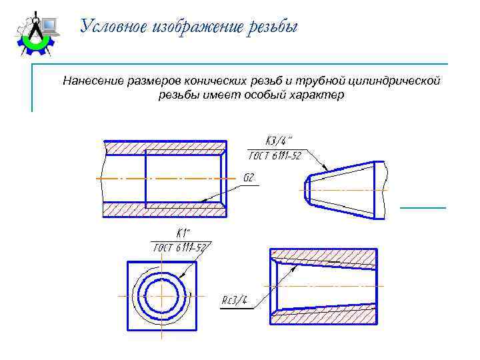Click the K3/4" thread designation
pyautogui.click(x=279, y=141)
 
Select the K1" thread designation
pyautogui.click(x=182, y=233)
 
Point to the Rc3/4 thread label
pyautogui.click(x=235, y=301)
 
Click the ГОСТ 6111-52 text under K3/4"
pyautogui.click(x=275, y=156)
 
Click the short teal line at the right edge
pyautogui.click(x=423, y=208)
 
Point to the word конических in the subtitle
pyautogui.click(x=213, y=81)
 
